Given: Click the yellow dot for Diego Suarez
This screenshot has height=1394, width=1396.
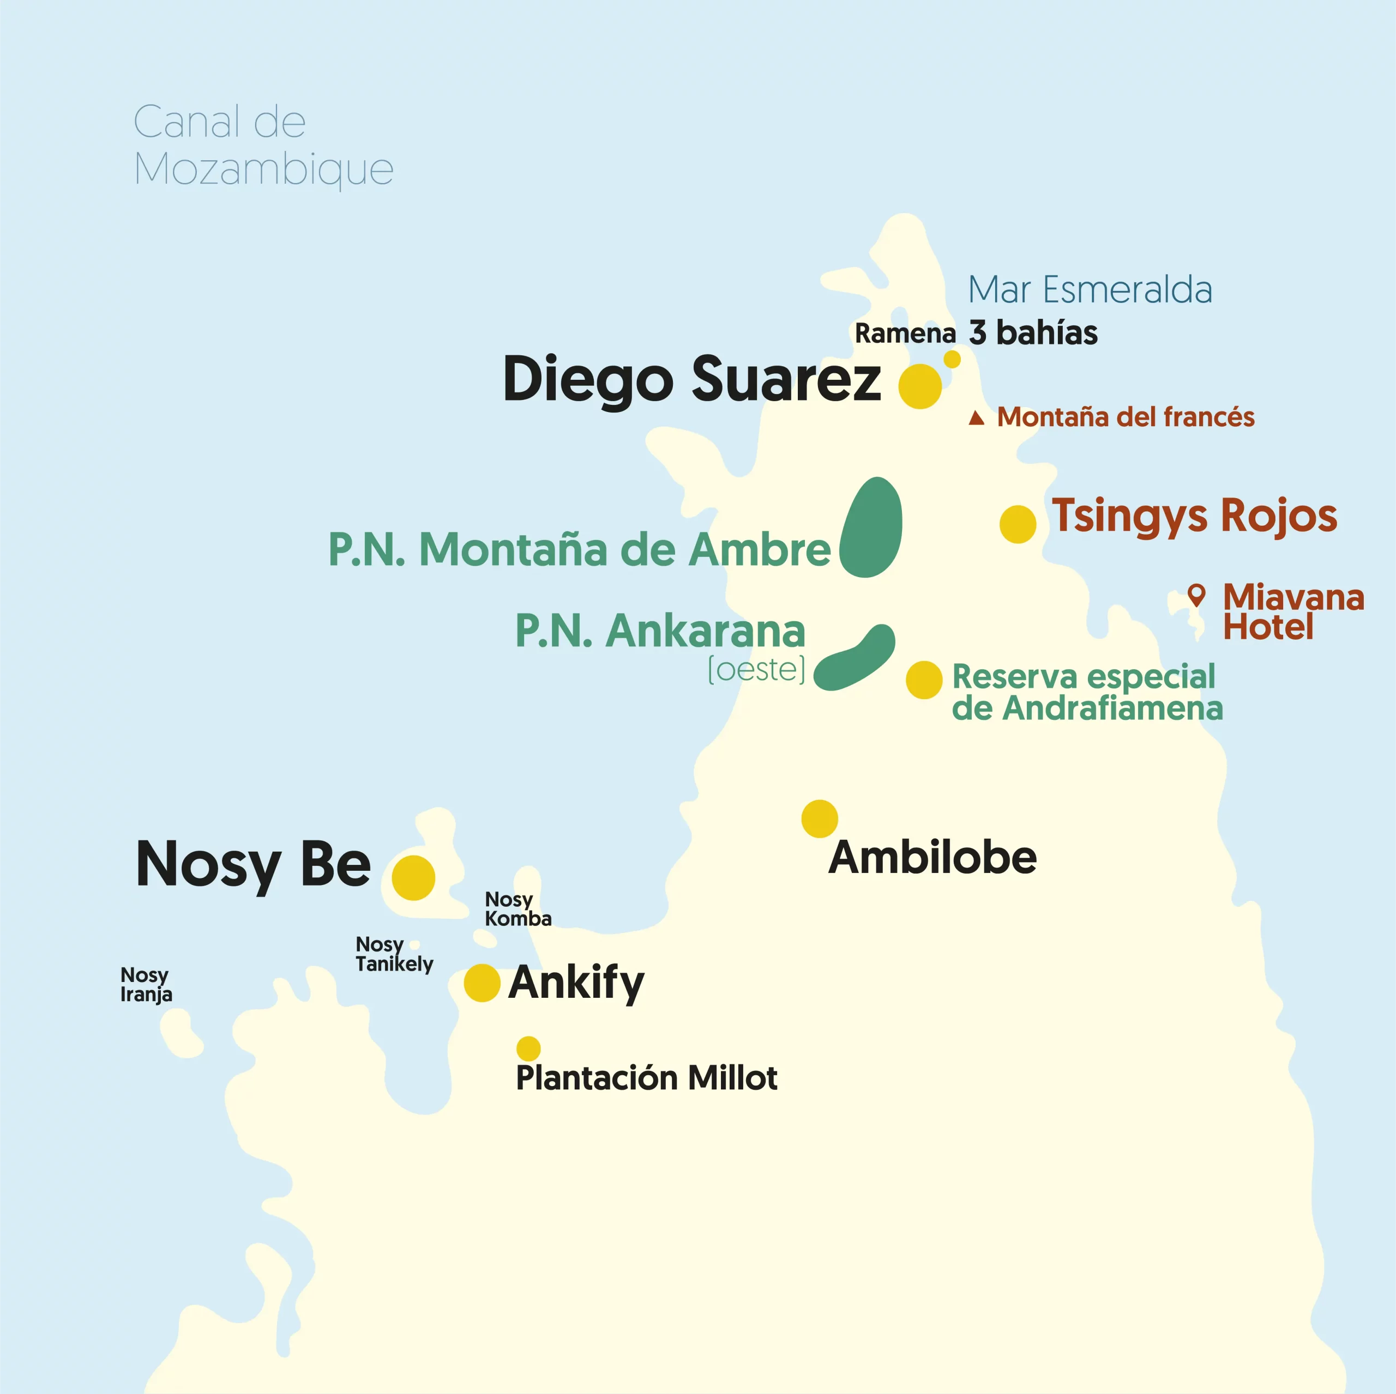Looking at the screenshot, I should (920, 386).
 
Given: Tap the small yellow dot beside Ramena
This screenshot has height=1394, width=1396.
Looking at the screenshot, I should (952, 359).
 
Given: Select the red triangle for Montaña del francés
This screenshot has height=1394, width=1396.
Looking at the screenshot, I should (976, 417).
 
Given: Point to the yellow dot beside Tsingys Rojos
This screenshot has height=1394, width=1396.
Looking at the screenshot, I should (1018, 524).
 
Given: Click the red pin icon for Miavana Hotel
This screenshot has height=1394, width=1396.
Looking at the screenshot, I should (1196, 595).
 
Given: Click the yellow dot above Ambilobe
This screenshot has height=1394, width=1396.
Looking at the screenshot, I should (820, 819).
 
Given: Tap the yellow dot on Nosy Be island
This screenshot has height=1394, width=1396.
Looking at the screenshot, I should (413, 877).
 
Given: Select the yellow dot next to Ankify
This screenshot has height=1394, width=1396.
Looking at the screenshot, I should (482, 983).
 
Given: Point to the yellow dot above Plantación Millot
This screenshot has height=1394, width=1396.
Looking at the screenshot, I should (528, 1048).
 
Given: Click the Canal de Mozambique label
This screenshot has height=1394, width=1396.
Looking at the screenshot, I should (263, 144).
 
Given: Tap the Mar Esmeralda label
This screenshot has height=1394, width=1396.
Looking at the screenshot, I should (1090, 289).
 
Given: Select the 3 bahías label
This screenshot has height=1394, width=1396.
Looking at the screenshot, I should (1033, 333).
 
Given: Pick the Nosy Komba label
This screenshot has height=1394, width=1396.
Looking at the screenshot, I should (518, 908).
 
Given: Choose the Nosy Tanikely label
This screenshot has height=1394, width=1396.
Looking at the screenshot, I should (394, 954).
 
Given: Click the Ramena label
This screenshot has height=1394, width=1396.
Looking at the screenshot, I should (905, 334).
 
